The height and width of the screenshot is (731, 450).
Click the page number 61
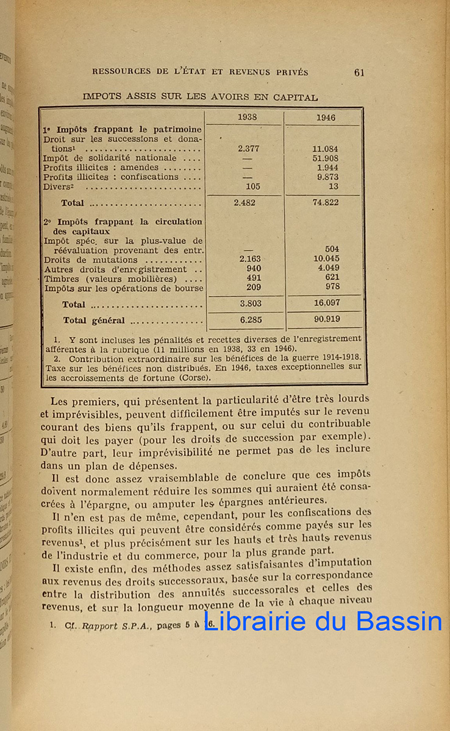(359, 72)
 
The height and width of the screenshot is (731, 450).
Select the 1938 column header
(247, 118)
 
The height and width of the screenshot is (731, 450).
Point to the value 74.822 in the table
(326, 202)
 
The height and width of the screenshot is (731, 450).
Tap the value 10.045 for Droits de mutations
(326, 259)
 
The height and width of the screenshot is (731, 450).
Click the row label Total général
(94, 320)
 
